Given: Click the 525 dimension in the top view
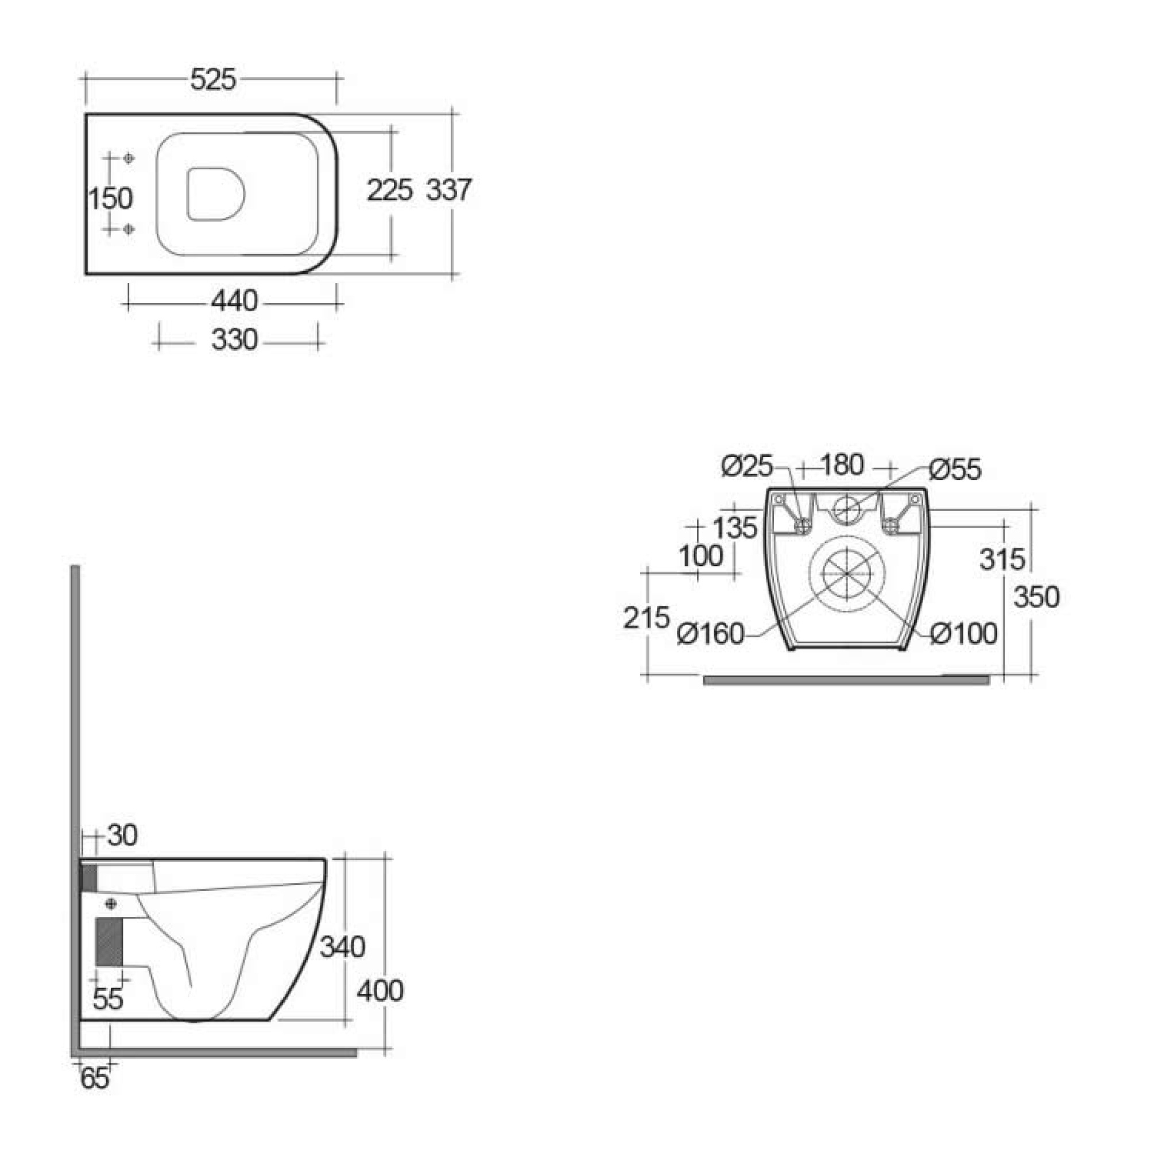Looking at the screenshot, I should pos(213,79).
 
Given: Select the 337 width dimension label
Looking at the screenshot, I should pos(448,190).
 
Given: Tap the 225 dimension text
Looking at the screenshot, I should pos(389,190).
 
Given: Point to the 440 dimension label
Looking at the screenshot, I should pos(234,300).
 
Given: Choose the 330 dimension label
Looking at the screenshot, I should pos(234,340).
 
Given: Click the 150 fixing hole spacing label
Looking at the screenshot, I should pos(110,198).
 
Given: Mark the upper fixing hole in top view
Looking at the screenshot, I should pos(129,158).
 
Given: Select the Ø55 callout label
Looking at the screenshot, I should pos(955,470).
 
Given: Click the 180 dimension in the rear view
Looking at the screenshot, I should pos(842,465).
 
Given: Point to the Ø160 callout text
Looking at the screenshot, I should pos(711,633).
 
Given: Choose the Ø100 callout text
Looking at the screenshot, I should pos(964,633).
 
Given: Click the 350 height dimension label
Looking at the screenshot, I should pos(1036,597).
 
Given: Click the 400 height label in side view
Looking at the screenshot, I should pos(380,991).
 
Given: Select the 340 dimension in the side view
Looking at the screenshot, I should pos(342,947).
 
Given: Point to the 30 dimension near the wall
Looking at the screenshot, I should pos(122,835).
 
